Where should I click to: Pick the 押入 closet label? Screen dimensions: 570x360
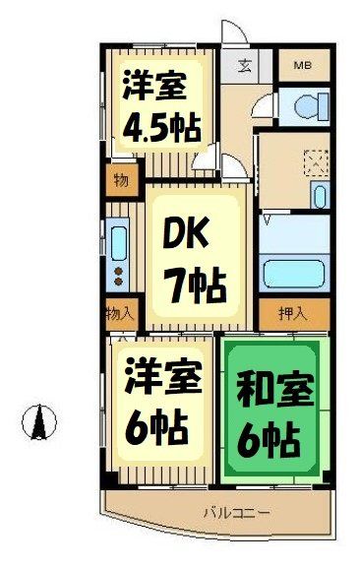[292, 315]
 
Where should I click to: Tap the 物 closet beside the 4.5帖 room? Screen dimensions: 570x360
[120, 180]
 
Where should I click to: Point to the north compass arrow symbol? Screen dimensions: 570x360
[38, 422]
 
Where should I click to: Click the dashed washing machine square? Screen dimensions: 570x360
[315, 160]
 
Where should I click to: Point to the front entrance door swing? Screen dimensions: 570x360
[232, 37]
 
